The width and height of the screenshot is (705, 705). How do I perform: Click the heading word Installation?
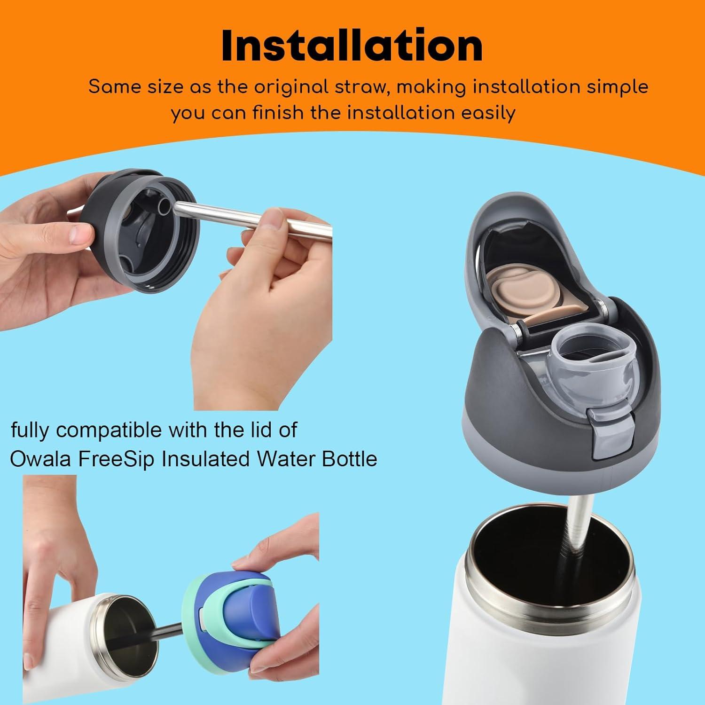352,46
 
